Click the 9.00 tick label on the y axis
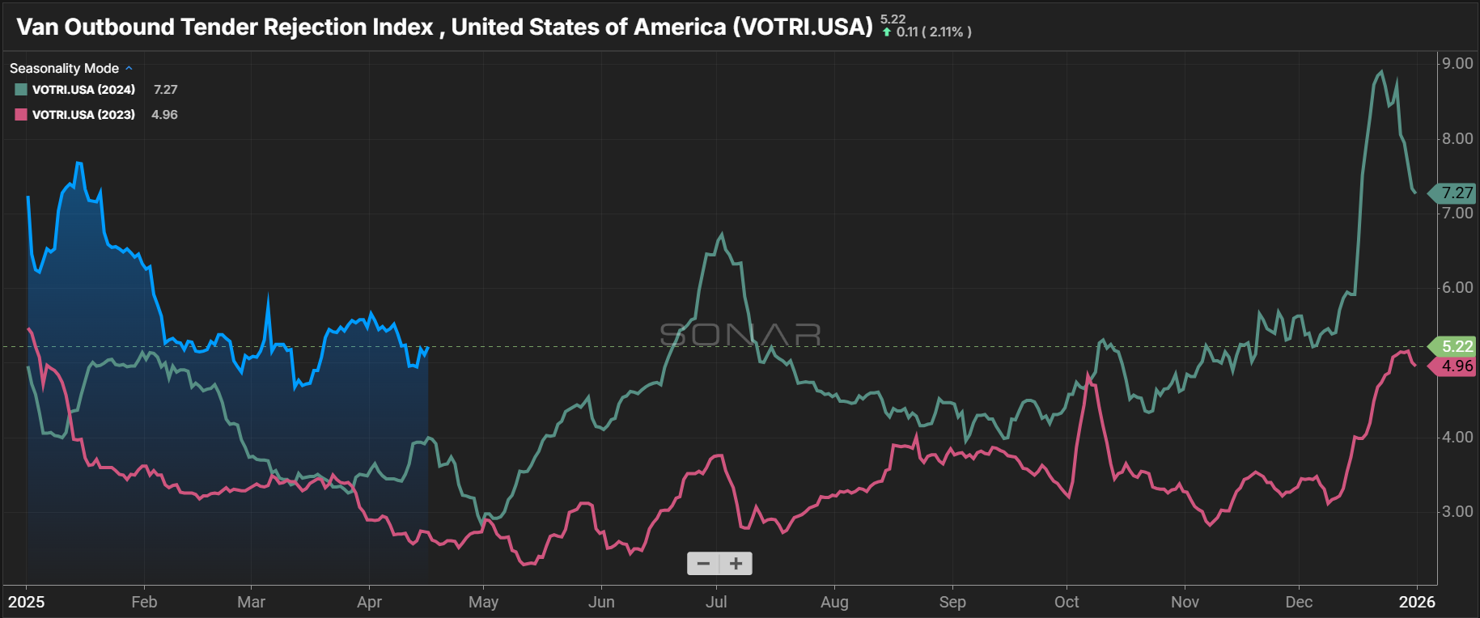tap(1457, 64)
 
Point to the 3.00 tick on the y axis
tap(1457, 511)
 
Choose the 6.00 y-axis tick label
tap(1457, 287)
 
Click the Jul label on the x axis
tap(716, 602)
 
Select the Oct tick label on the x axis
tap(1067, 602)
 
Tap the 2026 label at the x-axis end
tap(1417, 602)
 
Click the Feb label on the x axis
tap(144, 602)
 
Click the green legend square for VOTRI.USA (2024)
tap(21, 90)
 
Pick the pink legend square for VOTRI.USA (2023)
tap(21, 115)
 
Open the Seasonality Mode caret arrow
tap(129, 69)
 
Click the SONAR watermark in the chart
tap(740, 334)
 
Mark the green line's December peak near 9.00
tap(1381, 72)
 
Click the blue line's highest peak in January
tap(78, 163)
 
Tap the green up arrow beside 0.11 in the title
tap(887, 32)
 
